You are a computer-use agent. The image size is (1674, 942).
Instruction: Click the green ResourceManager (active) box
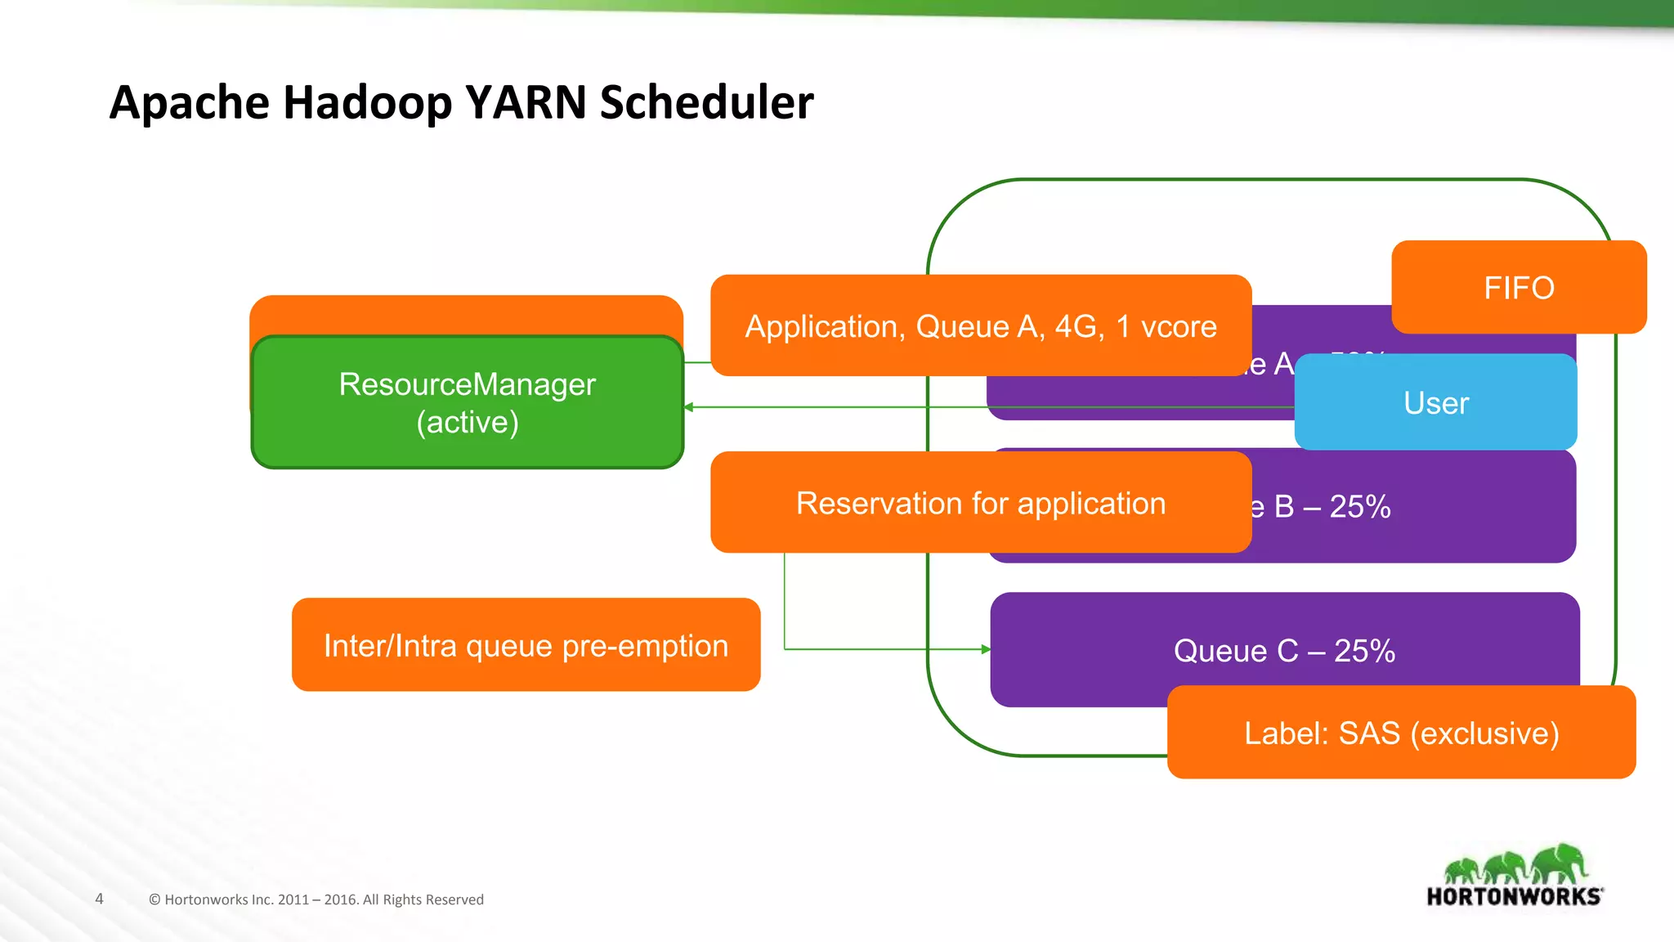click(467, 402)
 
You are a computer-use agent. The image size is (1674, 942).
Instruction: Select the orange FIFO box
click(1519, 288)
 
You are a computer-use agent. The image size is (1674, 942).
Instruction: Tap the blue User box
click(1435, 403)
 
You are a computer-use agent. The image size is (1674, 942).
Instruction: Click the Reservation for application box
click(980, 503)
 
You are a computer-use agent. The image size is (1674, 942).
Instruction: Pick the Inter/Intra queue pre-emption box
click(526, 645)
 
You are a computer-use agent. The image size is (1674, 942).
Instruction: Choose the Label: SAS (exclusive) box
click(1401, 733)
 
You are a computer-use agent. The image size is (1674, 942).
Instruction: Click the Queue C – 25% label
click(1284, 651)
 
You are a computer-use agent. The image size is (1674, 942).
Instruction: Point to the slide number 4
click(99, 899)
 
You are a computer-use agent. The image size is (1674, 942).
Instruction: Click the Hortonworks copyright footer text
click(316, 899)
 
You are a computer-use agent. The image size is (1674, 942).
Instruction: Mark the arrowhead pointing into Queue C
click(986, 649)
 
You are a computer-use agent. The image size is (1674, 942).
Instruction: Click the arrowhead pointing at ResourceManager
click(689, 407)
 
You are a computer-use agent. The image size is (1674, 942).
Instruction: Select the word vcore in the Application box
click(1179, 326)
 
